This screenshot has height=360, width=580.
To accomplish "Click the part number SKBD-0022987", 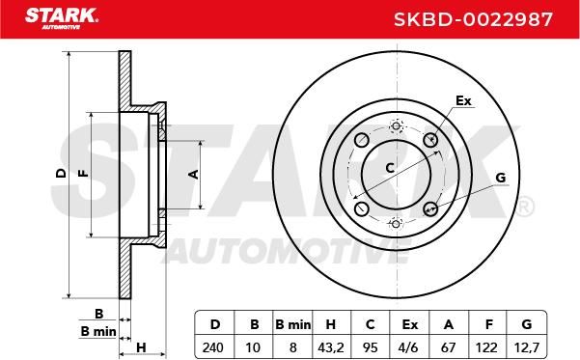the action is click(473, 19).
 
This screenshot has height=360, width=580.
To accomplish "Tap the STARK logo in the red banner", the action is click(62, 18).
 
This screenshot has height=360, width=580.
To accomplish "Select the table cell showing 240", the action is click(213, 347).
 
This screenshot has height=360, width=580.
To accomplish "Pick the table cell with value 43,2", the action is click(331, 347).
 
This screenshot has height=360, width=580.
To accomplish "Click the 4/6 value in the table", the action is click(409, 347).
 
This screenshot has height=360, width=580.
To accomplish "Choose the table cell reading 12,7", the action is click(526, 347).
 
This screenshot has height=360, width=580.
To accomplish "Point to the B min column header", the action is click(293, 324).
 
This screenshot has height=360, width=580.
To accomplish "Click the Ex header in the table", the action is click(409, 324).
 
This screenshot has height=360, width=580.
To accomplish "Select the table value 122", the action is click(486, 347).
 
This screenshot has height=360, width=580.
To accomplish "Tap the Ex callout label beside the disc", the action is click(463, 100).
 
